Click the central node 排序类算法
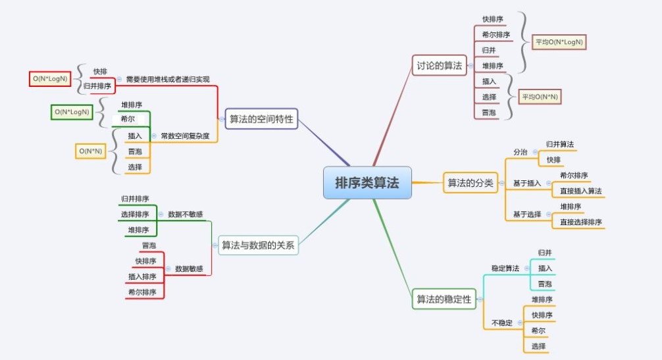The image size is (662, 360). tap(367, 182)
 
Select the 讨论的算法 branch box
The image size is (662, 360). tap(439, 65)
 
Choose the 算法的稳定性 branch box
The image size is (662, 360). tap(444, 299)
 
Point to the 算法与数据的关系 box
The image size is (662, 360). tap(257, 245)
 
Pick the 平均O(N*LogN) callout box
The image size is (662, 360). tap(559, 42)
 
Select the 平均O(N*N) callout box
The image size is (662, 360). tap(540, 97)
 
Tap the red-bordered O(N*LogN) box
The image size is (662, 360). tap(50, 79)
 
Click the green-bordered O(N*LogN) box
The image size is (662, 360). tap(71, 112)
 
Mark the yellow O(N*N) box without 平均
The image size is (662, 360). tap(90, 151)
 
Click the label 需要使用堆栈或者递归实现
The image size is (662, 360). tap(167, 80)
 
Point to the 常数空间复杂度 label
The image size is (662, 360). tap(185, 136)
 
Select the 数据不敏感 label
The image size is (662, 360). tap(185, 214)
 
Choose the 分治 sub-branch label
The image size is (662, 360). tap(520, 152)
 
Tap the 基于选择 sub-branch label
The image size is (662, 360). tap(527, 214)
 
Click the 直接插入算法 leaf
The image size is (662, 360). tap(580, 191)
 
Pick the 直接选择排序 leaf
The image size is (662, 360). tap(580, 222)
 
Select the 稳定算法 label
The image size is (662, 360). tap(505, 269)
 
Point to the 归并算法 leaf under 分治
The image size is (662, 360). tap(559, 144)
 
